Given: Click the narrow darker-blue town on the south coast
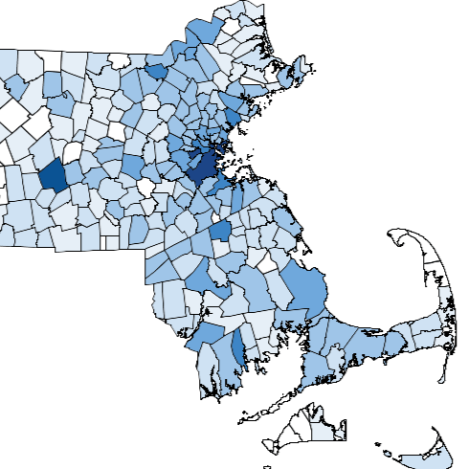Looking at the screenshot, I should point(237,348).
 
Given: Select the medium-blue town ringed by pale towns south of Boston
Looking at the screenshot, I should point(220,231).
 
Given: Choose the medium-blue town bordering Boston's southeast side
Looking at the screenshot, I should point(219,183).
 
